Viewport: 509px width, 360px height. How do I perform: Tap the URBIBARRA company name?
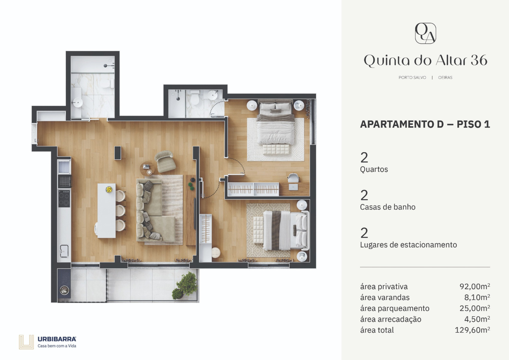point(57,339)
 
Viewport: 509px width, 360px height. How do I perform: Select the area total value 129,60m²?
point(472,330)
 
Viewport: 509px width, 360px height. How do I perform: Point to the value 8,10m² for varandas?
point(477,297)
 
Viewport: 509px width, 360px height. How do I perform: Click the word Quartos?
point(374,169)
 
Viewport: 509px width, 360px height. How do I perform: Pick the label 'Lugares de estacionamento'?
point(408,245)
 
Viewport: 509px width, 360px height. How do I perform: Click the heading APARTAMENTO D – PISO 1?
point(425,124)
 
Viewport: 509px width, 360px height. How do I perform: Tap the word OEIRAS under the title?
point(445,77)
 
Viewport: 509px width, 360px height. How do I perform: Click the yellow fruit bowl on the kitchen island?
point(109,189)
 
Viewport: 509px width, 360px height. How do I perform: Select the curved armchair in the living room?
point(165,161)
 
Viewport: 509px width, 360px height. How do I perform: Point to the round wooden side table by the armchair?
point(147,169)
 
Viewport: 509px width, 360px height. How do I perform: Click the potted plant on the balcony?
point(185,285)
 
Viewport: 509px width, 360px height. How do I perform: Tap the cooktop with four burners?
point(64,199)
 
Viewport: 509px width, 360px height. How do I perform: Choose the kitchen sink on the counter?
point(64,251)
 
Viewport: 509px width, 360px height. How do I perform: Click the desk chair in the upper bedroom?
point(293,178)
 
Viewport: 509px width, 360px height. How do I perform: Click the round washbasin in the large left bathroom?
point(78,102)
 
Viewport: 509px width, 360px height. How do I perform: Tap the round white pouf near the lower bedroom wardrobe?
point(216,252)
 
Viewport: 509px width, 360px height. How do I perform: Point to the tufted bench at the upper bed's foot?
point(276,150)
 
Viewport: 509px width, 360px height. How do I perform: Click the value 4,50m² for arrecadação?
point(477,319)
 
